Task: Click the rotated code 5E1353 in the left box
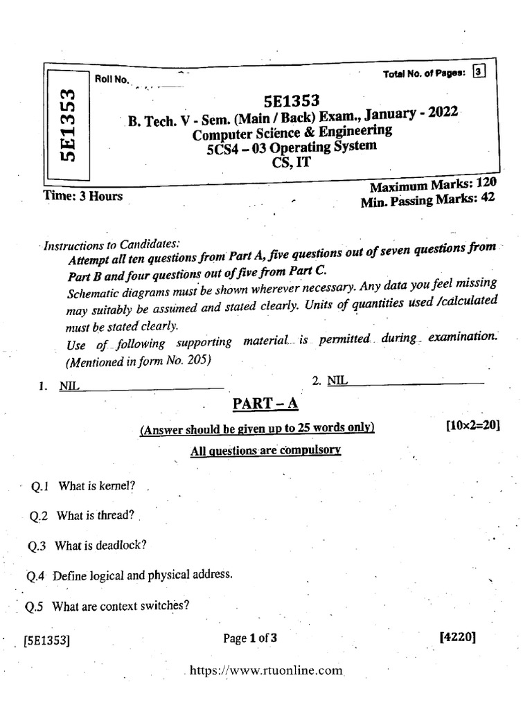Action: [x=67, y=124]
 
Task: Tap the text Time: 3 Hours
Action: [x=82, y=196]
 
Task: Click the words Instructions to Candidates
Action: [x=112, y=245]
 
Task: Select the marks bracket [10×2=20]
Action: [x=472, y=426]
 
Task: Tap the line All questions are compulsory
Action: [x=265, y=451]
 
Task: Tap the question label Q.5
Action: [x=35, y=607]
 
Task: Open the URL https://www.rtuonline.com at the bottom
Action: [x=265, y=670]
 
